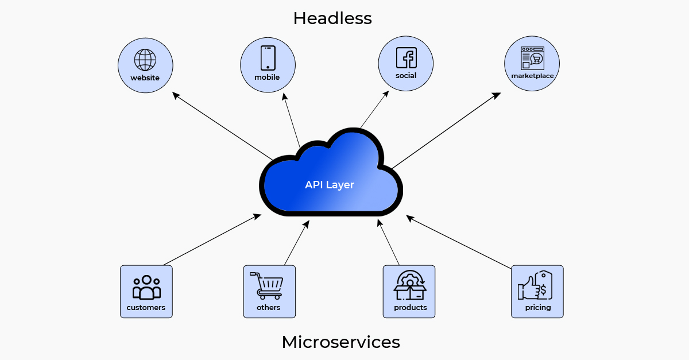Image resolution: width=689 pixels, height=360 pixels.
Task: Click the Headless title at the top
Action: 332,18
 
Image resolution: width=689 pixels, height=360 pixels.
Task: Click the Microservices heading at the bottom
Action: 341,342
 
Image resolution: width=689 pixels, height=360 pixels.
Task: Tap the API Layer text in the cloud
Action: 330,185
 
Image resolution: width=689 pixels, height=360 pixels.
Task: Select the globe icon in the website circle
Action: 145,60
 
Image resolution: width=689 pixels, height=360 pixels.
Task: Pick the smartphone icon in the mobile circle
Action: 268,58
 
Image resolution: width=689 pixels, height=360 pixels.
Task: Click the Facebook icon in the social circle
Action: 407,57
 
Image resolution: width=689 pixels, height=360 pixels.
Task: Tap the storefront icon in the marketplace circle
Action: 532,58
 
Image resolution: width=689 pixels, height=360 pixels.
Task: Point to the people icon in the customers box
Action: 146,287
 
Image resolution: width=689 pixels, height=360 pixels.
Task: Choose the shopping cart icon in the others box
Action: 266,286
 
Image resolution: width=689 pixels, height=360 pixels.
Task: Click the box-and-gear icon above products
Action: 410,285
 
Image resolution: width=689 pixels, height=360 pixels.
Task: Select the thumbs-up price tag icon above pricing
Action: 535,285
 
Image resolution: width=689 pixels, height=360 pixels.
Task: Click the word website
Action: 145,78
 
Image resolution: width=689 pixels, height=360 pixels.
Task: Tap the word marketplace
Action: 532,76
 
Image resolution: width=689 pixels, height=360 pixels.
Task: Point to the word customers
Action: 146,307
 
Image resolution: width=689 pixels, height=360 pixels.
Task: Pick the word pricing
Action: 538,308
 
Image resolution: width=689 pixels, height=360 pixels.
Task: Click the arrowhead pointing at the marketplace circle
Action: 497,95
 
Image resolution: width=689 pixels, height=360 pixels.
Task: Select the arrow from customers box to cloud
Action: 212,239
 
